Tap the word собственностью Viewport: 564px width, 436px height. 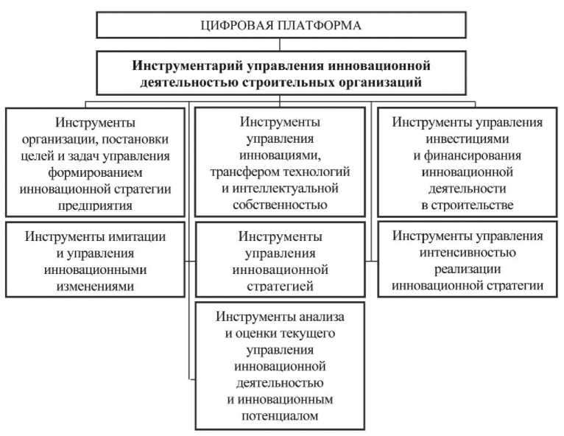click(280, 205)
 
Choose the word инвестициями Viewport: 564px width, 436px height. click(467, 138)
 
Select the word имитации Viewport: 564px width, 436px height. click(130, 237)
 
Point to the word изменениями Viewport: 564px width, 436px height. click(94, 286)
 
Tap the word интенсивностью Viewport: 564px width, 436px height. click(468, 253)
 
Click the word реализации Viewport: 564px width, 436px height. click(468, 269)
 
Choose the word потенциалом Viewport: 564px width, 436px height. click(279, 416)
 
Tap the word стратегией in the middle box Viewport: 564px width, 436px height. click(279, 286)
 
